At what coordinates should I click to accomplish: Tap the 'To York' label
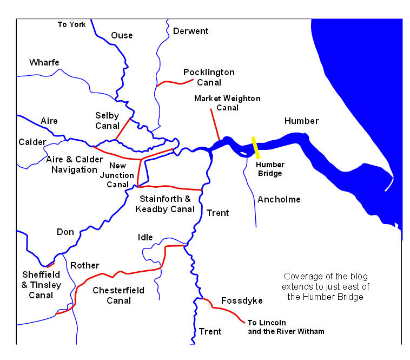(71, 24)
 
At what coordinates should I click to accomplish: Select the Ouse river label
(122, 36)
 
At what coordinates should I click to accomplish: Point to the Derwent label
(190, 31)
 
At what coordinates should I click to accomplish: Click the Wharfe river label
(44, 63)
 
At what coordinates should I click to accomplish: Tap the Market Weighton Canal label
(227, 103)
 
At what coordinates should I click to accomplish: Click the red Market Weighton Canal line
(214, 125)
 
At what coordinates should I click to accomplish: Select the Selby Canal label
(107, 121)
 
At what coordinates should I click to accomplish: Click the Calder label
(32, 142)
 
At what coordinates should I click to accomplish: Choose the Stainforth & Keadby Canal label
(167, 204)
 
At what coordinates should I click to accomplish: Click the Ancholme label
(279, 200)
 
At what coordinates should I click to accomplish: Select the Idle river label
(146, 237)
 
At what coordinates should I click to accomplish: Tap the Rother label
(85, 265)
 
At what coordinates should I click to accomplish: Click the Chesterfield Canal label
(118, 295)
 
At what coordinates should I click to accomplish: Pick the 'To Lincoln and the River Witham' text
(286, 327)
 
